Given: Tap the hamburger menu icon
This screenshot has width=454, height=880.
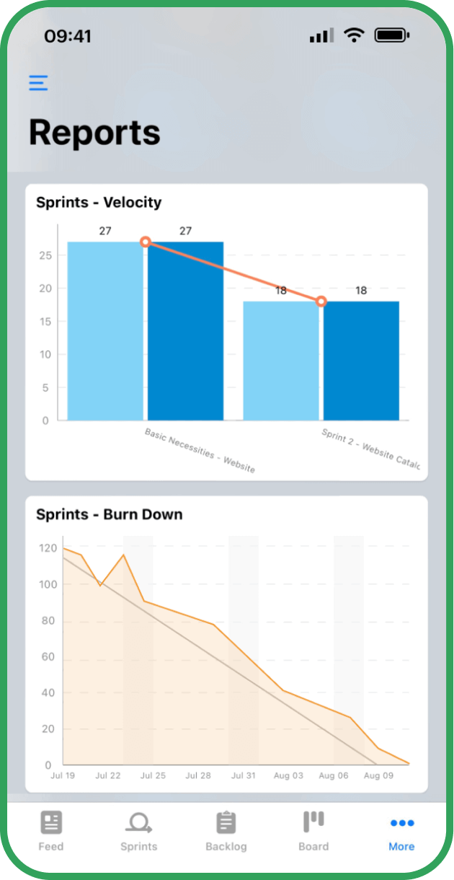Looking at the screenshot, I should [38, 83].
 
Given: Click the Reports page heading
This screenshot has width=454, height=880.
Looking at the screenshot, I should [94, 133].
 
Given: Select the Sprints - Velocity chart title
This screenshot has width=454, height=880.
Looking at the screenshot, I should [99, 203].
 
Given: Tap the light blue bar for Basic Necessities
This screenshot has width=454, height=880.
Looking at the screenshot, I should [105, 331].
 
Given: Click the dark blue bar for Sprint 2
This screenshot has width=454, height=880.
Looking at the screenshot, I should [361, 361].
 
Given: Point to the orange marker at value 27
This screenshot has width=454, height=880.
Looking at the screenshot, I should [146, 242].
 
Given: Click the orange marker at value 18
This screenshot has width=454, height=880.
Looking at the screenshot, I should [321, 302].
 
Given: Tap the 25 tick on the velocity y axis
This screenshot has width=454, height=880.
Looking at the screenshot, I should [45, 255].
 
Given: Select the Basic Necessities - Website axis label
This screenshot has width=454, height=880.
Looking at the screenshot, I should [200, 450].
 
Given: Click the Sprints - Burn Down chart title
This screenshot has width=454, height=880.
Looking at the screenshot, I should [110, 514].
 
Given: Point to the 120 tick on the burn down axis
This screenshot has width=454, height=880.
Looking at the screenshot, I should [48, 548].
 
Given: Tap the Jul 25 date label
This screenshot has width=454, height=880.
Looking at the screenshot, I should [153, 776].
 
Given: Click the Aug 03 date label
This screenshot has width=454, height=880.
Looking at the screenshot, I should [288, 776].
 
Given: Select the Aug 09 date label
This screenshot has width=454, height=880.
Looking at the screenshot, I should [378, 776].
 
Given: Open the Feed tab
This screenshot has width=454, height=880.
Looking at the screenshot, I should [51, 830].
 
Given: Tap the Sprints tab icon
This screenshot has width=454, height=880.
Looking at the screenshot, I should [138, 822].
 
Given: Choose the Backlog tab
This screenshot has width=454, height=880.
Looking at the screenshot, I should [226, 830].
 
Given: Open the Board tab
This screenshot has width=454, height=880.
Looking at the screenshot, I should [313, 830].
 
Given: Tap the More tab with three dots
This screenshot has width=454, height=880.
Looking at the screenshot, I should [401, 830].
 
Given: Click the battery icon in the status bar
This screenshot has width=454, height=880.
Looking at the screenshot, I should [392, 35].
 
